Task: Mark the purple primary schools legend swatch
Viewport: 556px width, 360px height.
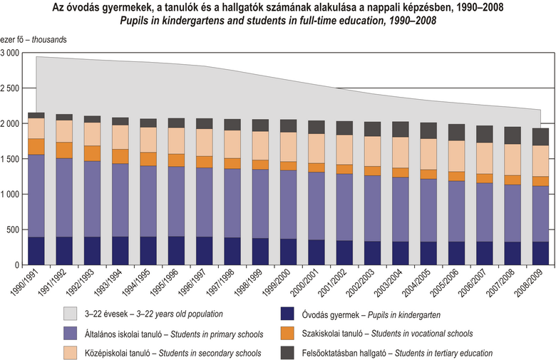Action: pyautogui.click(x=71, y=332)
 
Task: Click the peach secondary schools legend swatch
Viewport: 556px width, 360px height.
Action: pyautogui.click(x=71, y=352)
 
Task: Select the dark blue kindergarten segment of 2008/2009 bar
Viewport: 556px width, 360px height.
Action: pyautogui.click(x=540, y=253)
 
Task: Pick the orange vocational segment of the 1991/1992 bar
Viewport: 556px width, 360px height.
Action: pyautogui.click(x=64, y=150)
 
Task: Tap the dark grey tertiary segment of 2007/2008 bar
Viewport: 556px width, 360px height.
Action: pyautogui.click(x=512, y=135)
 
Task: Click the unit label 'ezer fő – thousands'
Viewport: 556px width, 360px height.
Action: pyautogui.click(x=34, y=40)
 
